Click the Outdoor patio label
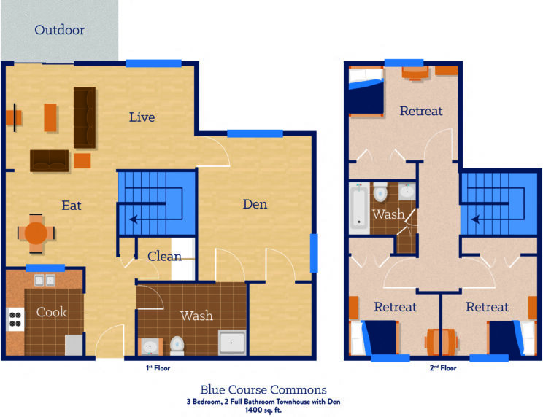(x=59, y=31)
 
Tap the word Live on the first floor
(x=142, y=117)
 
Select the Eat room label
(x=72, y=206)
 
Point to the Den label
(x=255, y=204)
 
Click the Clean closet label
(x=164, y=256)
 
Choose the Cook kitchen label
(x=51, y=312)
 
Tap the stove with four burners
(x=15, y=318)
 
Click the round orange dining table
(x=36, y=233)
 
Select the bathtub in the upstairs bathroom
(x=358, y=207)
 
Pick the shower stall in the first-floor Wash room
(x=232, y=343)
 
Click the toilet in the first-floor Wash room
(x=177, y=343)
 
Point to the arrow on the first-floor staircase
(x=136, y=218)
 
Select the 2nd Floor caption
(x=443, y=369)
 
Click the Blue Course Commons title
(x=263, y=390)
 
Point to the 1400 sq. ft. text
(x=263, y=410)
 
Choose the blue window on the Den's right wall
(x=314, y=253)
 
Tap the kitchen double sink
(x=45, y=280)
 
